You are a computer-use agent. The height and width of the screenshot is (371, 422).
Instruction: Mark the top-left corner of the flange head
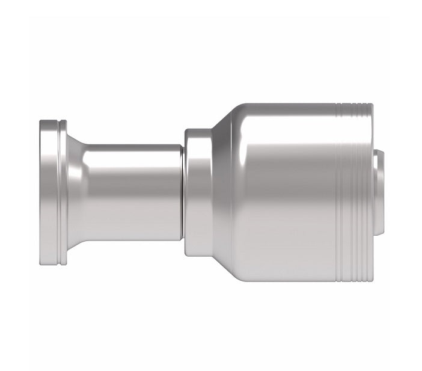pyautogui.click(x=41, y=123)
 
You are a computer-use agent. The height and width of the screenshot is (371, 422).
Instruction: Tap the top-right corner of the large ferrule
pyautogui.click(x=372, y=106)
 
